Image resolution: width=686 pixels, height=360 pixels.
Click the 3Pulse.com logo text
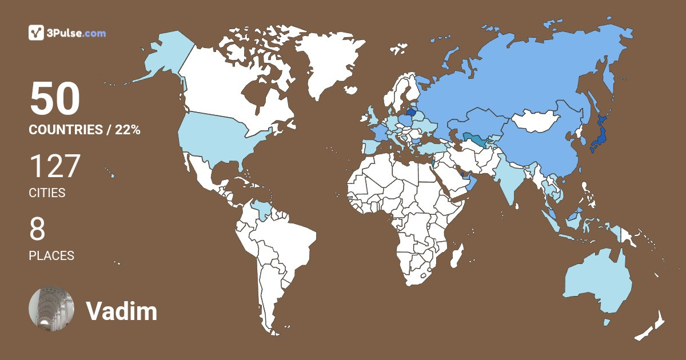(77, 33)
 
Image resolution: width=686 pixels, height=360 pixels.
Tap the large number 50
(55, 99)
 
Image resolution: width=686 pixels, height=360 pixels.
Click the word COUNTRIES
(65, 130)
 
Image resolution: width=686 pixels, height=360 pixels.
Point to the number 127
(55, 166)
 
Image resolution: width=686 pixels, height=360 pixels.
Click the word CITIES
(47, 193)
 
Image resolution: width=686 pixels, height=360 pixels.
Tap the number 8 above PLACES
(37, 230)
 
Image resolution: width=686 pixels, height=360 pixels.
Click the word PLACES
(51, 256)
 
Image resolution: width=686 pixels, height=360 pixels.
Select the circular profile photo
(51, 308)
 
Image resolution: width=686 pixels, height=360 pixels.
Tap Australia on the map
(597, 283)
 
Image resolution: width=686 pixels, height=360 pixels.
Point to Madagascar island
(456, 255)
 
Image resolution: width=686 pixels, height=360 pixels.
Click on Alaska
(160, 57)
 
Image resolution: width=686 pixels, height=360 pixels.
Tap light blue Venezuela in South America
(262, 210)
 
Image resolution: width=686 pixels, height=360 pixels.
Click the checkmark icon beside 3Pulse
(37, 33)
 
